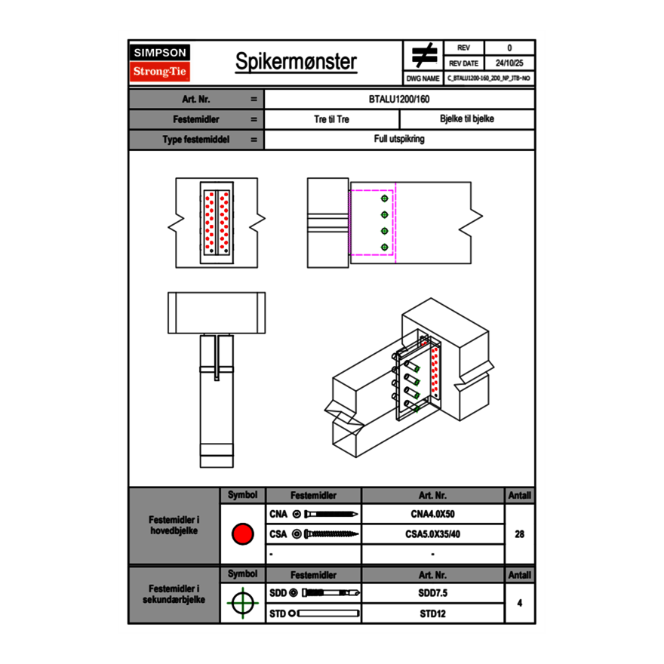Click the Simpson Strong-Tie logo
tap(160, 63)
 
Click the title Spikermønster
tap(296, 62)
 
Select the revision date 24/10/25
tap(509, 63)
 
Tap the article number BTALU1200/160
tap(399, 99)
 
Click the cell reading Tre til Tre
tap(331, 119)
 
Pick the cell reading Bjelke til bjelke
tap(466, 119)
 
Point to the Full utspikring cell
tap(399, 140)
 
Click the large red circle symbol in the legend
tap(242, 534)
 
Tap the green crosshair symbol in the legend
tap(242, 603)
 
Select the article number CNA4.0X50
tap(432, 515)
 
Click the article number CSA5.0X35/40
tap(432, 534)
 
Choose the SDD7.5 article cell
tap(432, 593)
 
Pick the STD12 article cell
tap(432, 613)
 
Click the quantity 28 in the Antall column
tap(519, 534)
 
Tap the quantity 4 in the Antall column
tap(519, 603)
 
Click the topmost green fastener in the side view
tap(385, 198)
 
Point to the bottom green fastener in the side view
tap(385, 247)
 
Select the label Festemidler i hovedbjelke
tap(174, 525)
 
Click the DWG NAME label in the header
tap(423, 78)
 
